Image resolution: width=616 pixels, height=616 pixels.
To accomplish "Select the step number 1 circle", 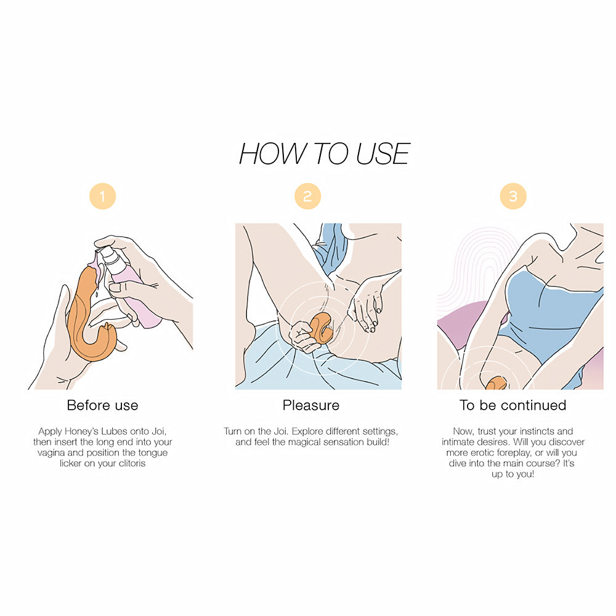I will click(102, 197).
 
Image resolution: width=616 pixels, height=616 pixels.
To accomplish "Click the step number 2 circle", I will click(307, 197).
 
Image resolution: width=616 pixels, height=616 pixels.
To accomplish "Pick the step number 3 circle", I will click(513, 197).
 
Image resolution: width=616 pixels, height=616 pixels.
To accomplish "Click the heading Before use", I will click(102, 405).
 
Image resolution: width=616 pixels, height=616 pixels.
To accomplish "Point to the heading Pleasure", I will click(310, 405).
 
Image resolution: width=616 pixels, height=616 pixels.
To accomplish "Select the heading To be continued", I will click(513, 405).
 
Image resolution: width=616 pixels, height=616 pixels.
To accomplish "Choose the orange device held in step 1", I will click(86, 320).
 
